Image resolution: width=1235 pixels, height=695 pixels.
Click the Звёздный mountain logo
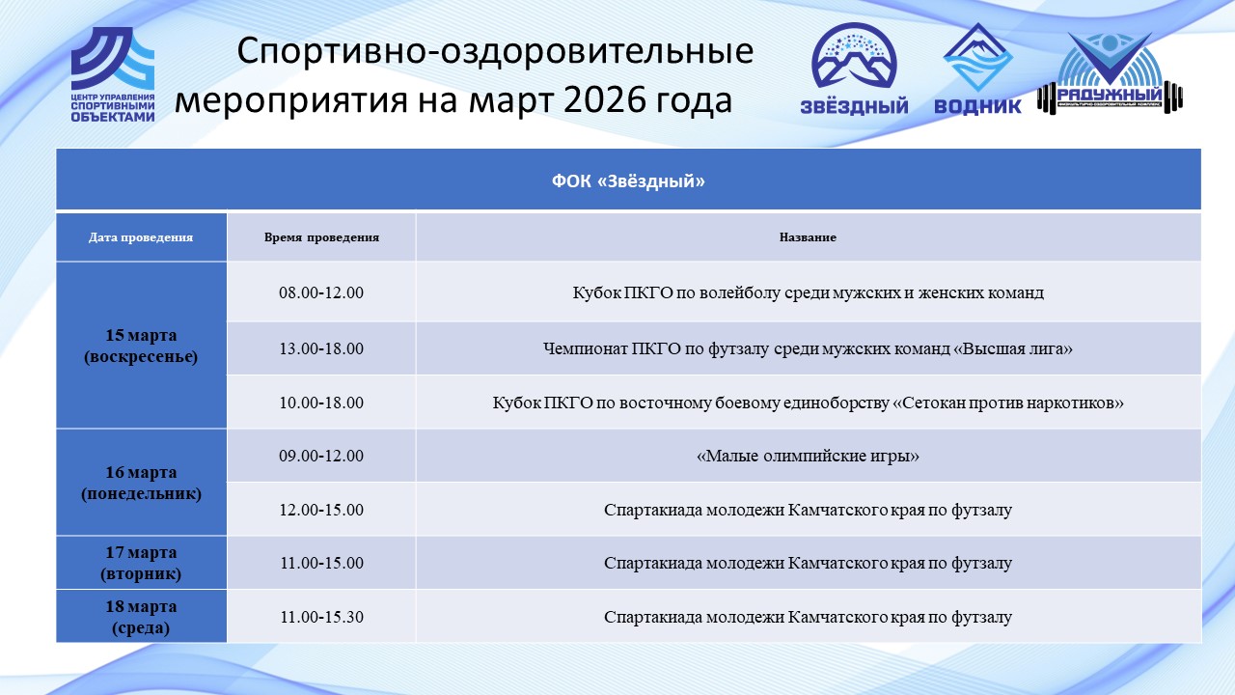pyautogui.click(x=854, y=68)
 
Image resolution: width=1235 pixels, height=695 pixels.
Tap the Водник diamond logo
pyautogui.click(x=977, y=68)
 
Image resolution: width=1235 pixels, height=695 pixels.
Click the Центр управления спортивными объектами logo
pyautogui.click(x=113, y=74)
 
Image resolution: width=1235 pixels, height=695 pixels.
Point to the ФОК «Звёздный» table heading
pyautogui.click(x=628, y=181)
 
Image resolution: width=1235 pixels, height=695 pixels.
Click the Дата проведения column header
pyautogui.click(x=141, y=237)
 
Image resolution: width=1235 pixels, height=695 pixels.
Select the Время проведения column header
pyautogui.click(x=321, y=237)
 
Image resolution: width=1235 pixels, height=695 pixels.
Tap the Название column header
pyautogui.click(x=808, y=237)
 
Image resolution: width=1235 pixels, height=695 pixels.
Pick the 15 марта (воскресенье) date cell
pyautogui.click(x=141, y=346)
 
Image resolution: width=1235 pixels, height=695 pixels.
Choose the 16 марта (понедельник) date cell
pyautogui.click(x=141, y=483)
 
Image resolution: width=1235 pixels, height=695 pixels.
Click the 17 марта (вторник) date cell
pyautogui.click(x=141, y=563)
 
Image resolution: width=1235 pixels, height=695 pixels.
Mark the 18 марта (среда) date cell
pyautogui.click(x=141, y=617)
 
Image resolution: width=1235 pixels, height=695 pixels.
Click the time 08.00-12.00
pyautogui.click(x=321, y=292)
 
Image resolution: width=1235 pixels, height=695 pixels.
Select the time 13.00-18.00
pyautogui.click(x=321, y=348)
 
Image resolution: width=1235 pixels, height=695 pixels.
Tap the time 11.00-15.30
pyautogui.click(x=321, y=617)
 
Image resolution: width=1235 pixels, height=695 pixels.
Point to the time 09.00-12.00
pyautogui.click(x=321, y=456)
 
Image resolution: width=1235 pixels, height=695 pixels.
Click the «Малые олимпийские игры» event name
pyautogui.click(x=808, y=457)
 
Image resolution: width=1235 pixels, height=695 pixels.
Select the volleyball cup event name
pyautogui.click(x=808, y=292)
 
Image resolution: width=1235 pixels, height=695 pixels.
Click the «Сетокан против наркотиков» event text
pyautogui.click(x=1008, y=403)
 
